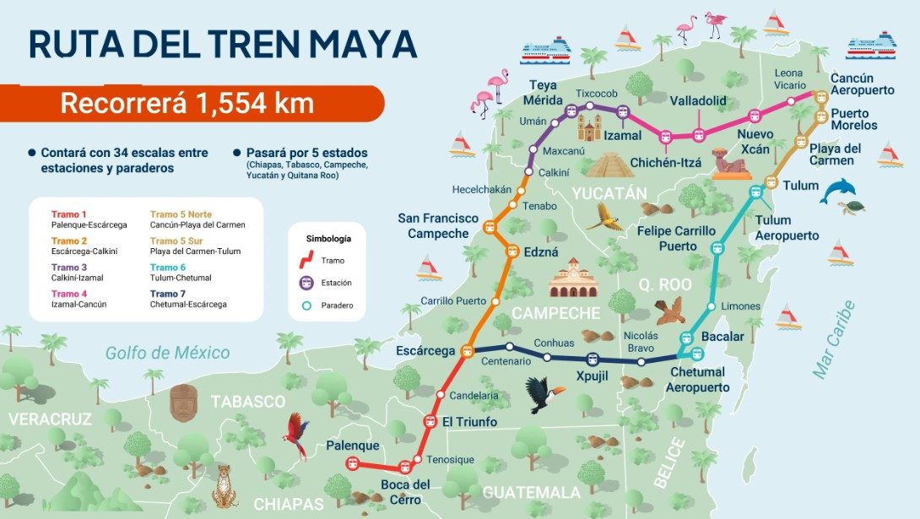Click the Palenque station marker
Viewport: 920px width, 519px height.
353,462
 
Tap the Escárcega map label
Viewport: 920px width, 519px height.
425,350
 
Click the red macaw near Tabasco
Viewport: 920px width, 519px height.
296,435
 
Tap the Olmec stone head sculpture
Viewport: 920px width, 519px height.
182,403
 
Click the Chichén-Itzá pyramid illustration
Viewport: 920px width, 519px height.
609,164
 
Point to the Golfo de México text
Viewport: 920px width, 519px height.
167,353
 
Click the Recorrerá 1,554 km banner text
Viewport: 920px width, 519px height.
187,104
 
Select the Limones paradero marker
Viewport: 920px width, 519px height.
712,305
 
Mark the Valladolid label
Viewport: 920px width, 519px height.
698,101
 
